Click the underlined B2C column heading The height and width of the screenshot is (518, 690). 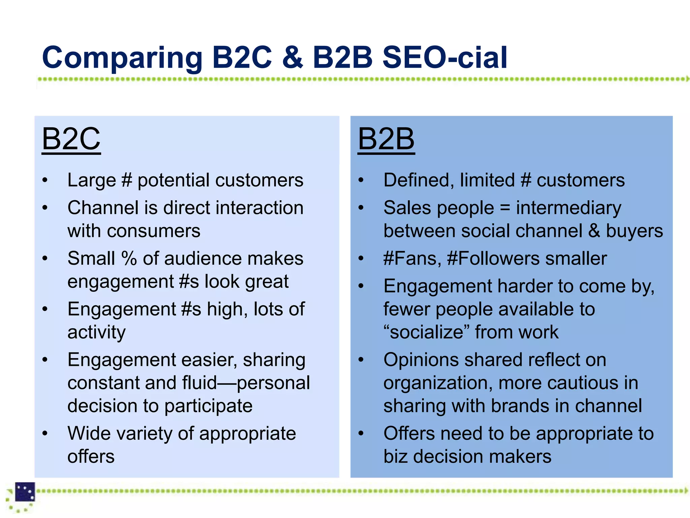[71, 139]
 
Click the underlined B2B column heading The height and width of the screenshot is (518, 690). [386, 139]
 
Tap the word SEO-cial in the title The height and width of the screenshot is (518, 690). [445, 57]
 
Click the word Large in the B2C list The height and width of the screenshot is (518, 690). [91, 180]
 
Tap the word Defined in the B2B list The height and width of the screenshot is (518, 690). [418, 180]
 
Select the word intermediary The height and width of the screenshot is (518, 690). [569, 208]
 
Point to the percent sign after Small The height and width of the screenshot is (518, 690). [129, 259]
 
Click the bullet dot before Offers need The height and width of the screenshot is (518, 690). [361, 434]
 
